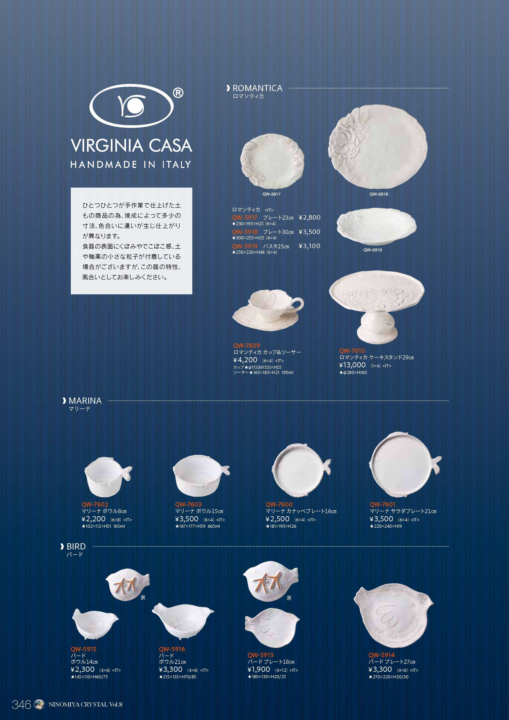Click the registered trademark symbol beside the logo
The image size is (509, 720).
tap(178, 93)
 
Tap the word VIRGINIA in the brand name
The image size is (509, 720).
tap(107, 146)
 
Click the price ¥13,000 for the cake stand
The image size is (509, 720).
tap(352, 365)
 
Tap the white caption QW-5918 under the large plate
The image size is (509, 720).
tap(378, 194)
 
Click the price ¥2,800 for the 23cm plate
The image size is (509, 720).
tap(310, 217)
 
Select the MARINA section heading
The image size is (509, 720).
tap(85, 401)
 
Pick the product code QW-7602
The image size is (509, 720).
tap(95, 504)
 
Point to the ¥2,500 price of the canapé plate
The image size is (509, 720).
tap(277, 519)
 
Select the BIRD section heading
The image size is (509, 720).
tap(76, 547)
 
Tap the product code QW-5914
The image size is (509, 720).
tap(381, 655)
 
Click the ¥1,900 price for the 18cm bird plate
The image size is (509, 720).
tap(259, 670)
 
